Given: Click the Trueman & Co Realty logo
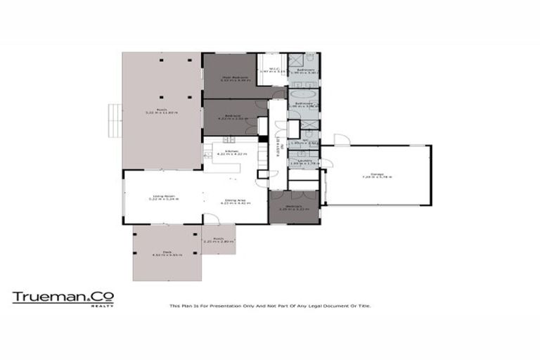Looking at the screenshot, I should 63,297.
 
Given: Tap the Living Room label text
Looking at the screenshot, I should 164,198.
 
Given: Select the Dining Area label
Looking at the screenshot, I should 235,202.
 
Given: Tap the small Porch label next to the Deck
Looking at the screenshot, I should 218,240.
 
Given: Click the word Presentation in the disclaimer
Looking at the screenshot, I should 217,306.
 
